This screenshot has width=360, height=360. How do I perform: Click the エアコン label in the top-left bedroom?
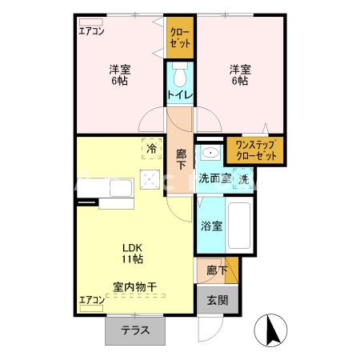point(92,33)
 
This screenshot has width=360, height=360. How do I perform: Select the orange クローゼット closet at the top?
point(180,38)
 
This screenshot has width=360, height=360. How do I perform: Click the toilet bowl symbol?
point(180,78)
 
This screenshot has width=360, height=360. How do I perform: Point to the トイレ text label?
point(180,96)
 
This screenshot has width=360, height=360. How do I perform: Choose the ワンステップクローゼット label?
point(254,150)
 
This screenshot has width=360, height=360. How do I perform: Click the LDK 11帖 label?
point(133,254)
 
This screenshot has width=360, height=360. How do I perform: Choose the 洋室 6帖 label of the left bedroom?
point(121,74)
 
